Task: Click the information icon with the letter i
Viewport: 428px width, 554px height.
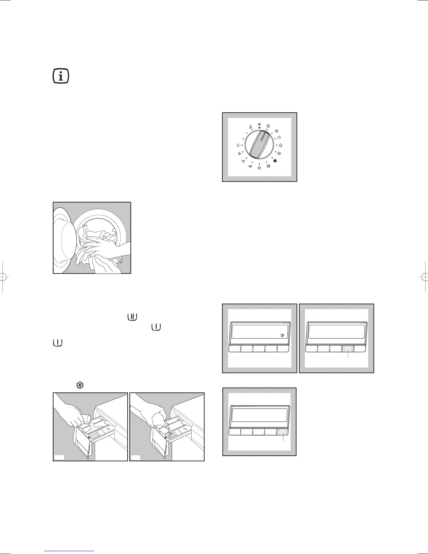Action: pos(61,76)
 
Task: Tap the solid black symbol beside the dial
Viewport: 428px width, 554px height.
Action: pos(275,161)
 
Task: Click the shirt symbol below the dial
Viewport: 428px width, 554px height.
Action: pos(268,166)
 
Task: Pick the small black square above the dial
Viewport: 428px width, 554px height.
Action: pos(259,128)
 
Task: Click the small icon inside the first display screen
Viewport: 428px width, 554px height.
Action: pos(282,335)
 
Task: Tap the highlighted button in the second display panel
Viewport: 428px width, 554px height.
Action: pos(348,348)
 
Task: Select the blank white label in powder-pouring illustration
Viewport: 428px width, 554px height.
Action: pos(59,457)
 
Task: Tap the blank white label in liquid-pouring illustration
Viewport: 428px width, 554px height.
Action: pos(136,457)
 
